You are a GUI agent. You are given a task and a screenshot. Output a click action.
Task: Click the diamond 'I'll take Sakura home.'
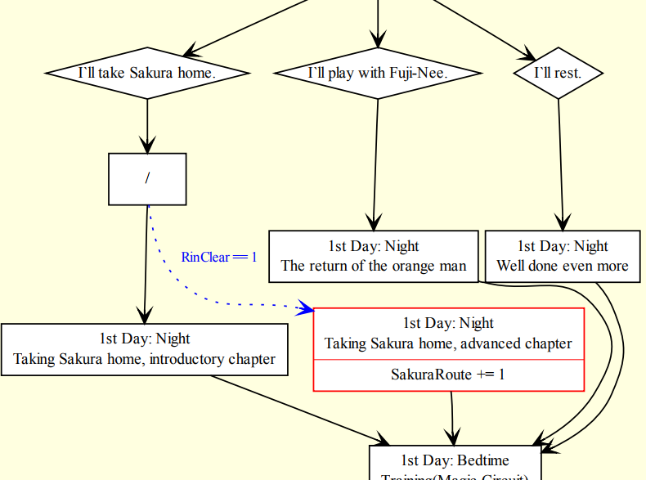(147, 74)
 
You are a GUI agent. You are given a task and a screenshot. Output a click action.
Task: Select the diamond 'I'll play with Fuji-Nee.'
(378, 74)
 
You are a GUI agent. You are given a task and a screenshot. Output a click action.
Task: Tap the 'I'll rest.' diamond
(558, 74)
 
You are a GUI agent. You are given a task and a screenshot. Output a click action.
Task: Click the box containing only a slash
(147, 179)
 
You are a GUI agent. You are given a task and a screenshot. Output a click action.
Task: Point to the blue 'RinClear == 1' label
(219, 257)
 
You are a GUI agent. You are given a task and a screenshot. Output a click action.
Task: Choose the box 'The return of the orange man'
(374, 256)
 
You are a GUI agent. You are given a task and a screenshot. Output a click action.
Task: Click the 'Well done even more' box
(563, 256)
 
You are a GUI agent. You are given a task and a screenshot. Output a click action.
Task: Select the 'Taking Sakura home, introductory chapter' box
(145, 349)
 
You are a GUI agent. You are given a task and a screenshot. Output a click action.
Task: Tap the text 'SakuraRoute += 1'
(448, 375)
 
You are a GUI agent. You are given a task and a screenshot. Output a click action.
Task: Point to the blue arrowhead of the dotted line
(305, 308)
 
